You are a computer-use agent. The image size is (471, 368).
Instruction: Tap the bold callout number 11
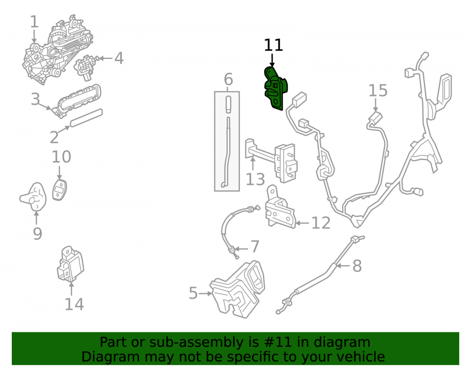[x=273, y=45]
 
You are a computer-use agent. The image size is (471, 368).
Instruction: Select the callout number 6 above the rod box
[x=228, y=79]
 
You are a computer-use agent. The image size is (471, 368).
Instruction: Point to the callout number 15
[x=378, y=90]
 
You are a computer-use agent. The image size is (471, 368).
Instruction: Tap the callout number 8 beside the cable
[x=357, y=266]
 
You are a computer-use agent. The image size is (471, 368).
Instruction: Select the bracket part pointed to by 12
[x=280, y=207]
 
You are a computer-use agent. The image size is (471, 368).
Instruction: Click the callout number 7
[x=255, y=246]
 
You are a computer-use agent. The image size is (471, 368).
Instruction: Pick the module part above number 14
[x=70, y=264]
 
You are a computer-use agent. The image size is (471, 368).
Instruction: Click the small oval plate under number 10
[x=59, y=190]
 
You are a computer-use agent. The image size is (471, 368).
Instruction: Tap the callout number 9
[x=37, y=234]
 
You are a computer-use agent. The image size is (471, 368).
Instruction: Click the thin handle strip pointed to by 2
[x=86, y=118]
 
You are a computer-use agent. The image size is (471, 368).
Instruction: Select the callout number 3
[x=35, y=99]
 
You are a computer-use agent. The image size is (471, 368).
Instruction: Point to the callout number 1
[x=34, y=22]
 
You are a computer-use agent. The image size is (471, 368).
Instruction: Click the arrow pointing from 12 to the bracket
[x=302, y=223]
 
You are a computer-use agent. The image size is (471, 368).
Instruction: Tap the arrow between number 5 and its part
[x=206, y=293]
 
